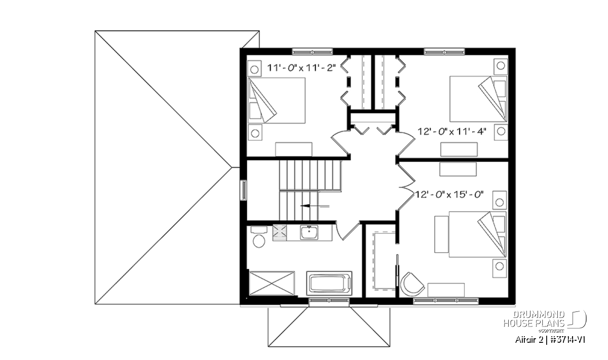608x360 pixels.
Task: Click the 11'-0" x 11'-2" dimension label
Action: (301, 67)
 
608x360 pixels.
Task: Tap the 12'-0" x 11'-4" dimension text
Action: (451, 132)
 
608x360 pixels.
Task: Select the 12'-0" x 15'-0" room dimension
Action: (450, 194)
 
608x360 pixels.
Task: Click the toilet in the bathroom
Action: (259, 237)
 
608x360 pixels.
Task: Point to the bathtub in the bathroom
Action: (329, 283)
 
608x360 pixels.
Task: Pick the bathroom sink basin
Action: (309, 232)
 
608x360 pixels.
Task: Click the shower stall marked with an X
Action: (272, 283)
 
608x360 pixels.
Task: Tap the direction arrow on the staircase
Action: (315, 206)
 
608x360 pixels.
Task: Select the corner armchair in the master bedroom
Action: (412, 284)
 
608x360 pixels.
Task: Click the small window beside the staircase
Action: (244, 190)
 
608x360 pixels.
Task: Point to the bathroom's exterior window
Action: (329, 300)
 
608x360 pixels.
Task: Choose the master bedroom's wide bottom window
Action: (446, 300)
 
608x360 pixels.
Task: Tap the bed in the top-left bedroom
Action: (277, 100)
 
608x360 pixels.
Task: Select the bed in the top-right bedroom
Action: (478, 99)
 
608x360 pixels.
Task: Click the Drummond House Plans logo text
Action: (534, 319)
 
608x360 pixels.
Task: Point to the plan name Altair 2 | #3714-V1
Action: (550, 340)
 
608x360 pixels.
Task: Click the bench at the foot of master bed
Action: (441, 234)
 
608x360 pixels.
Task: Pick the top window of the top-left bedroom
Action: (313, 52)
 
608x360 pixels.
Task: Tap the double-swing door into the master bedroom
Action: (406, 187)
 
